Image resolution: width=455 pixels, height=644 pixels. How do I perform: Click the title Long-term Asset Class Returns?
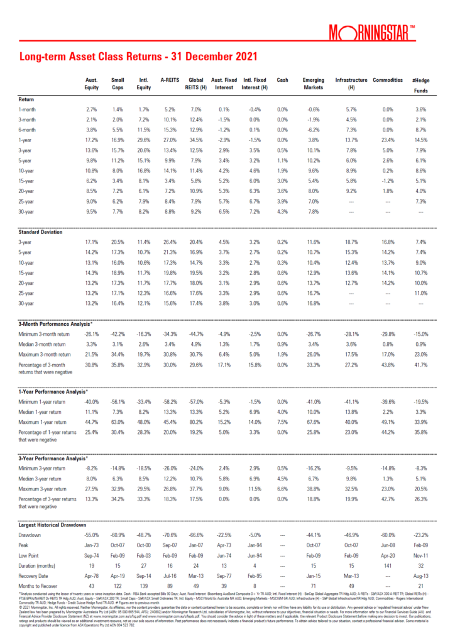(x=138, y=57)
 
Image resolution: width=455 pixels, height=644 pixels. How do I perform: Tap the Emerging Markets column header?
(x=312, y=84)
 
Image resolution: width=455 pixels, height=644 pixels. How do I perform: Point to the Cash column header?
(x=282, y=80)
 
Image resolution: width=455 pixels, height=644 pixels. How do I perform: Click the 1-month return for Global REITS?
(x=196, y=110)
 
